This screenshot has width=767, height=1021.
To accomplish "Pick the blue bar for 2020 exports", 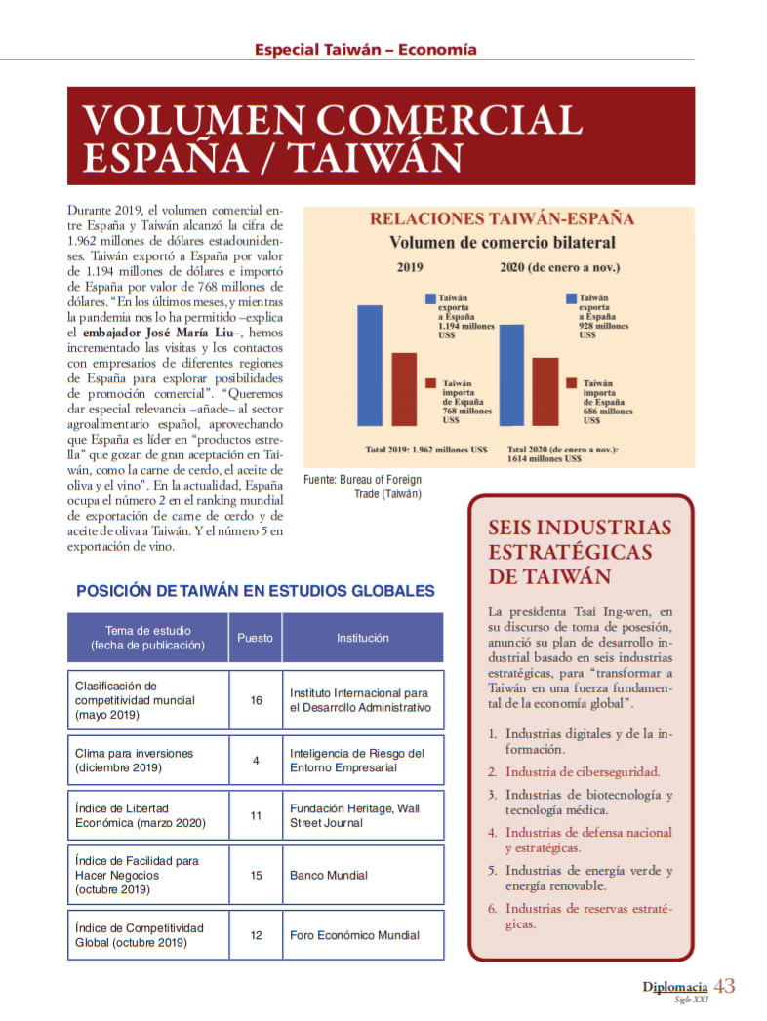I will (511, 374).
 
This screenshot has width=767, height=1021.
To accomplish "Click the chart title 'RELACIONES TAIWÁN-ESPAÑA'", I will (502, 218).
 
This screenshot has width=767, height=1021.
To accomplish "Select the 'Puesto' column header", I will (256, 638).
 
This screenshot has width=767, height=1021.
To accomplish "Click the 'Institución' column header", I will (363, 638).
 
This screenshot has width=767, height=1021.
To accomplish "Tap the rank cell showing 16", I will (256, 700).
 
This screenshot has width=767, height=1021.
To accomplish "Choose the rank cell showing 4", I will (256, 761).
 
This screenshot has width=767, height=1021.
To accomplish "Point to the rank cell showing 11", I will (256, 815).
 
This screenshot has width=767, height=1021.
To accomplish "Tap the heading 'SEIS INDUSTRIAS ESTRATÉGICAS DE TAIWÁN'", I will (580, 552).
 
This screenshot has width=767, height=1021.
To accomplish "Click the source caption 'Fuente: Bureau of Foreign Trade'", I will (363, 487).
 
